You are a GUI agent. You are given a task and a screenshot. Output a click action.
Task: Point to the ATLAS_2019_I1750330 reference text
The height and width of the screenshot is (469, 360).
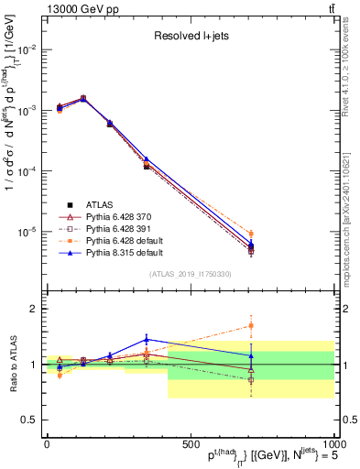[190, 274]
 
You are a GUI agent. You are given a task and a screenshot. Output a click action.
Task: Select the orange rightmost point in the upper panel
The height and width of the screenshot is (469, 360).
[251, 234]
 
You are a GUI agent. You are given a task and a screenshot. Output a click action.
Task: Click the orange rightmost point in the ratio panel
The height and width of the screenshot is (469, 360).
[251, 325]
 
